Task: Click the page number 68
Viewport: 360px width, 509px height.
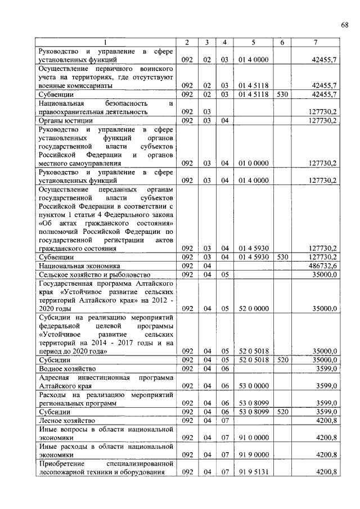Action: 345,25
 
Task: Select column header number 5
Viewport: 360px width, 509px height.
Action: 253,43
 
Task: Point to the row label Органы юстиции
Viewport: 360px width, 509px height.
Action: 65,120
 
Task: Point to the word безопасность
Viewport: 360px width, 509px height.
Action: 126,103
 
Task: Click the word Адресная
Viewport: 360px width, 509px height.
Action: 55,377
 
